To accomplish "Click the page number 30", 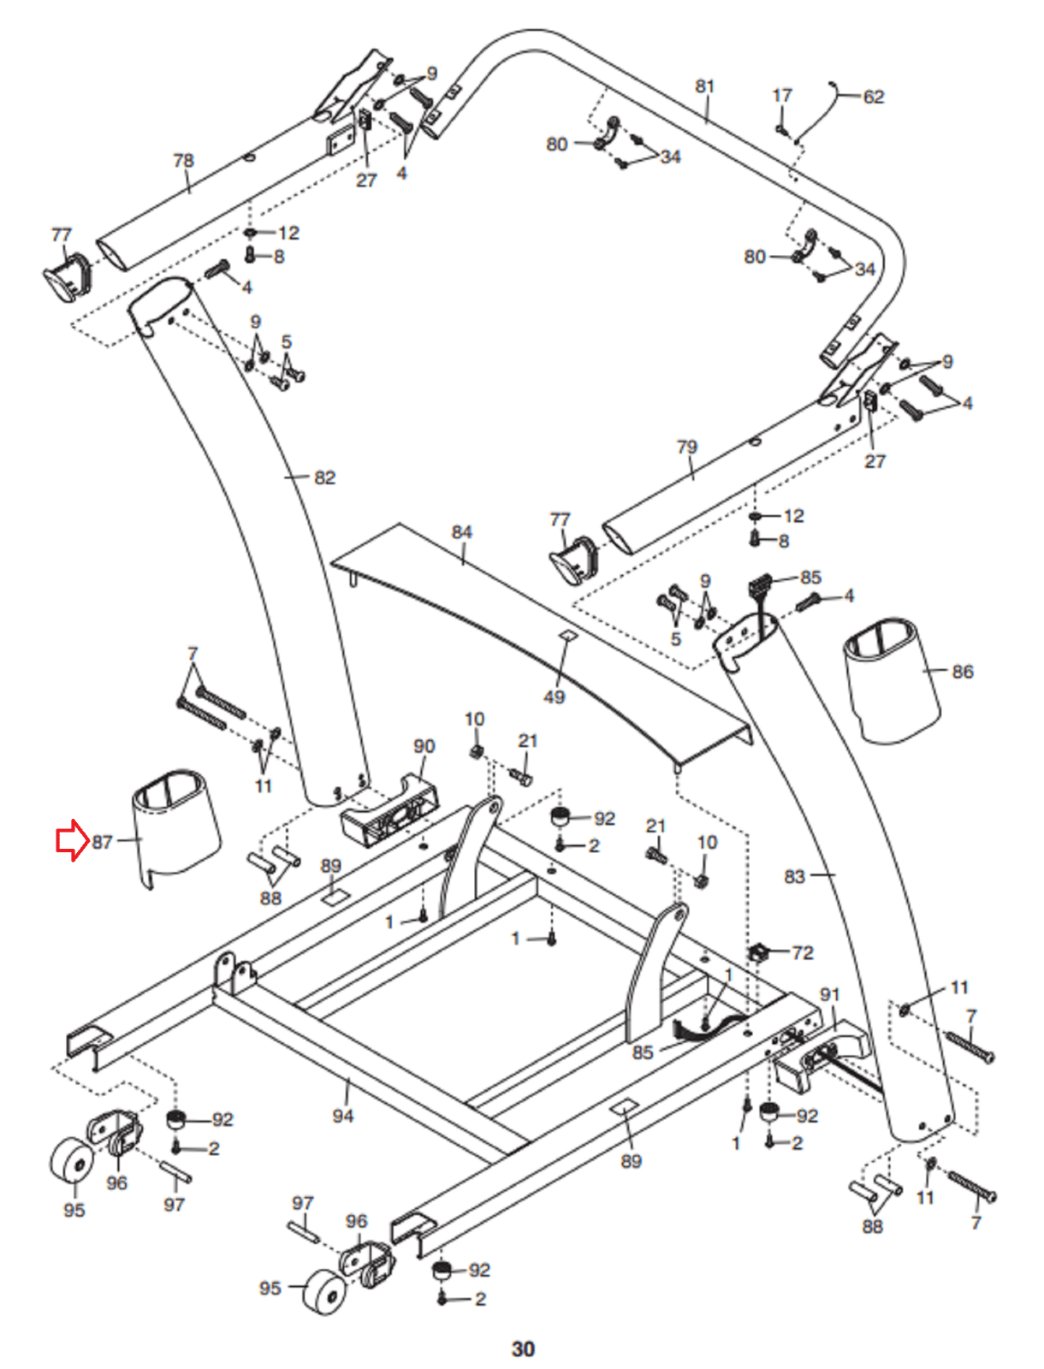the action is click(x=523, y=1348).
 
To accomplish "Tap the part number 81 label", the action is click(x=704, y=86).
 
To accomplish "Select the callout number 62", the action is click(x=873, y=97).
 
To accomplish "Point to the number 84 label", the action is click(x=461, y=532).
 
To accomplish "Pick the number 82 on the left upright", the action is click(x=325, y=477).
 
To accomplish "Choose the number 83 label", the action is click(x=794, y=876).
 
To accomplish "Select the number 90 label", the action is click(x=424, y=746).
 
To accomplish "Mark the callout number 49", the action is click(x=554, y=696).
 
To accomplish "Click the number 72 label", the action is click(x=803, y=952).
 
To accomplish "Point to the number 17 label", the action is click(x=782, y=96).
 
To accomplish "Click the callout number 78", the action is click(x=183, y=161).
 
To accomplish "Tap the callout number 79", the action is click(x=686, y=447).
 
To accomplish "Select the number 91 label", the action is click(x=829, y=994).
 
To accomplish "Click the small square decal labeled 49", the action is click(x=567, y=635).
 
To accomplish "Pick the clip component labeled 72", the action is click(x=758, y=951).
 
